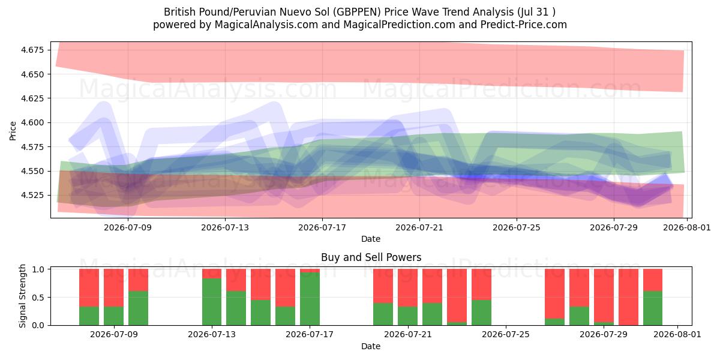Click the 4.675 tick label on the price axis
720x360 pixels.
pos(32,50)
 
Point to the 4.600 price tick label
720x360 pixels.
pos(32,122)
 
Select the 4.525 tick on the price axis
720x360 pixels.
pos(32,195)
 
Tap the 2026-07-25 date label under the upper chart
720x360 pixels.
pos(517,227)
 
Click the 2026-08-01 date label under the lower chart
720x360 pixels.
pos(677,334)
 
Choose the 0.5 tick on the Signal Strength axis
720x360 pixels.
pos(38,298)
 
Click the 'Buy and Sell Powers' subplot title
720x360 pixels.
pos(371,257)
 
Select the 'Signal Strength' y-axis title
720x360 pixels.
pos(22,296)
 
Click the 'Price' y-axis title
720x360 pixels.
pos(13,131)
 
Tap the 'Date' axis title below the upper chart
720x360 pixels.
pos(371,239)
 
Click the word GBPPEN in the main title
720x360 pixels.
pos(357,12)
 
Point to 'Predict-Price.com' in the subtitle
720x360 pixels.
pos(524,25)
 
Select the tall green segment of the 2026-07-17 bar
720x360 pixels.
pos(310,299)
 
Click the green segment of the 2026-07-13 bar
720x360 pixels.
pos(212,302)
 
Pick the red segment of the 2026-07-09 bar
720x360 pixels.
pos(113,287)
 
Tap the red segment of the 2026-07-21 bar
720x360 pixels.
pos(407,287)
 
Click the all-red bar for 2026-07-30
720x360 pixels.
pos(628,297)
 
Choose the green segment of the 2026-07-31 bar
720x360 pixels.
pos(653,308)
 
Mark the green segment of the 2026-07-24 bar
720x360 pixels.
pos(481,313)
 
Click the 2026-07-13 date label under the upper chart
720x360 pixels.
pos(225,227)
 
